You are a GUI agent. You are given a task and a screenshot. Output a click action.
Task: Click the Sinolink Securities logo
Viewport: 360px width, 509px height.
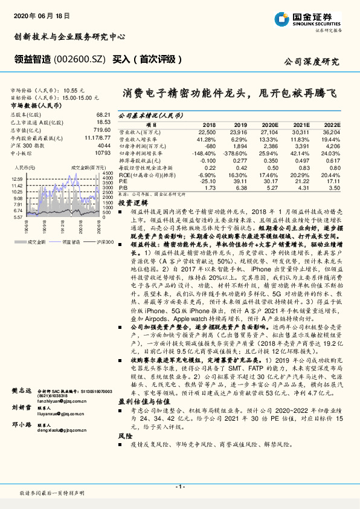point(308,19)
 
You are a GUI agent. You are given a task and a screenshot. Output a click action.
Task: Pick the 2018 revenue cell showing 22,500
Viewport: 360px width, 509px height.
point(207,131)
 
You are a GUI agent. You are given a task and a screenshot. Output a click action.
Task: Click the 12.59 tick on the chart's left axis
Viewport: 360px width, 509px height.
point(17,179)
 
